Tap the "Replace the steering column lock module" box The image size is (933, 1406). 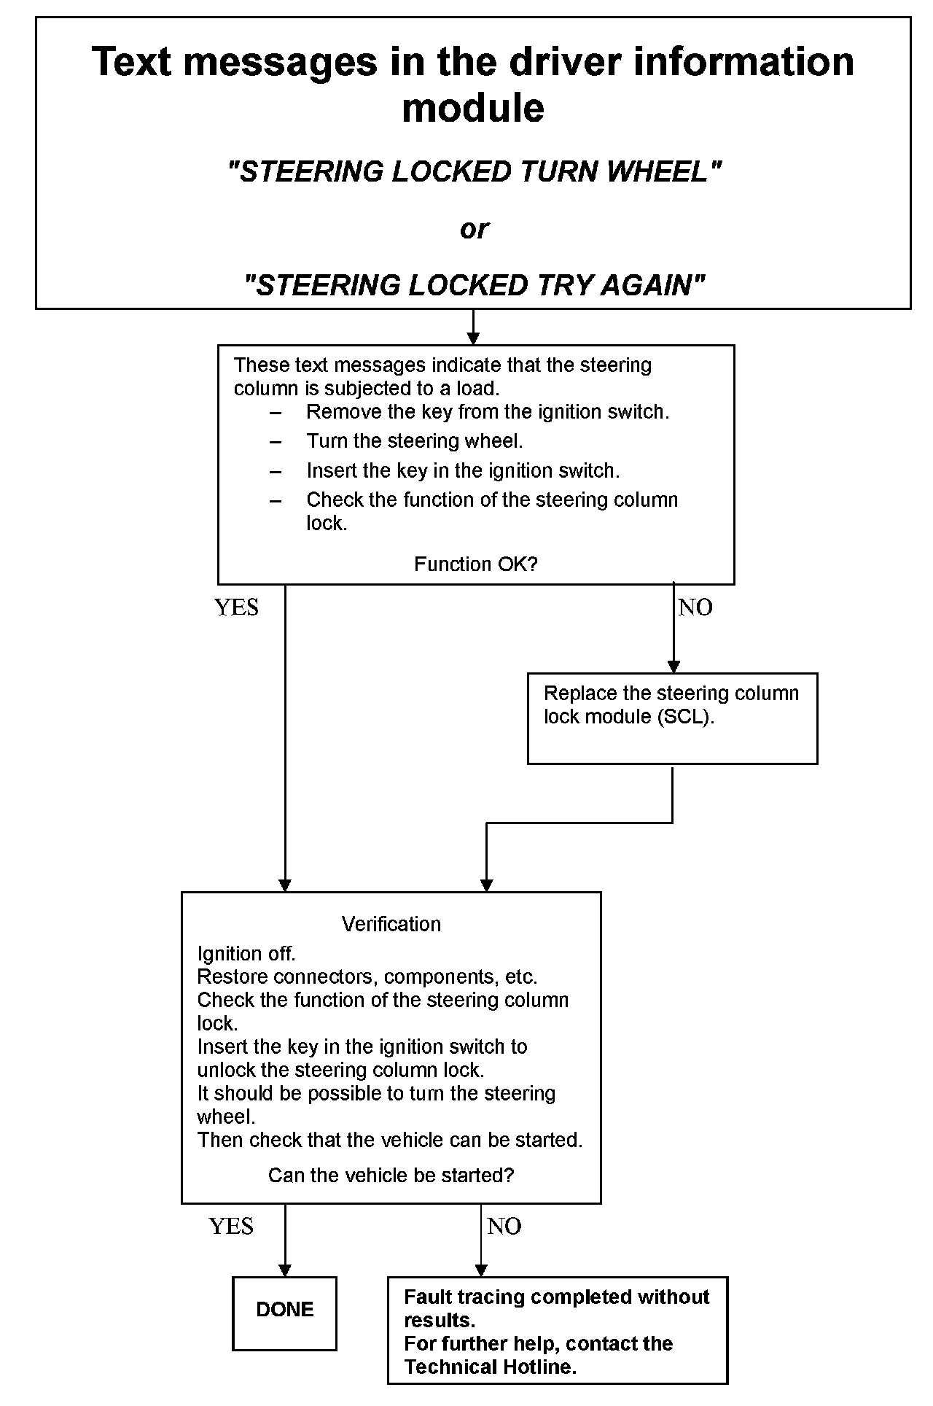click(x=671, y=718)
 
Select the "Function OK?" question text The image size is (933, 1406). click(x=475, y=564)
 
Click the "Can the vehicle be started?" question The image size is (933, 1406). click(x=391, y=1175)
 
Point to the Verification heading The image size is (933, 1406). click(x=391, y=924)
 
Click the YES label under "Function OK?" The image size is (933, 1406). click(x=236, y=607)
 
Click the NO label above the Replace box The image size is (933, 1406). click(x=695, y=607)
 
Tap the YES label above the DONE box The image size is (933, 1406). click(x=231, y=1227)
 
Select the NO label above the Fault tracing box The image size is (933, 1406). click(x=504, y=1227)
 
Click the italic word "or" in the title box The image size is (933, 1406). click(x=474, y=229)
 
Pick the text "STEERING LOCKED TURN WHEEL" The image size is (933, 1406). click(x=474, y=172)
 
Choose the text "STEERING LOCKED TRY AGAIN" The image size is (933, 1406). click(x=474, y=284)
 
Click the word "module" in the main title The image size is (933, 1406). click(x=473, y=108)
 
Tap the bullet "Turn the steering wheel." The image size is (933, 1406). click(x=414, y=441)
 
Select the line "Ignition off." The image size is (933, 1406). click(x=246, y=953)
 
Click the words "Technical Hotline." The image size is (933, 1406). click(x=490, y=1367)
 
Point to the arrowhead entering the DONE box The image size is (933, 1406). click(x=285, y=1270)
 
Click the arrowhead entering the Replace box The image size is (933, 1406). click(x=674, y=666)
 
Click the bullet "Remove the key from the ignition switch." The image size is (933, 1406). click(x=487, y=412)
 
